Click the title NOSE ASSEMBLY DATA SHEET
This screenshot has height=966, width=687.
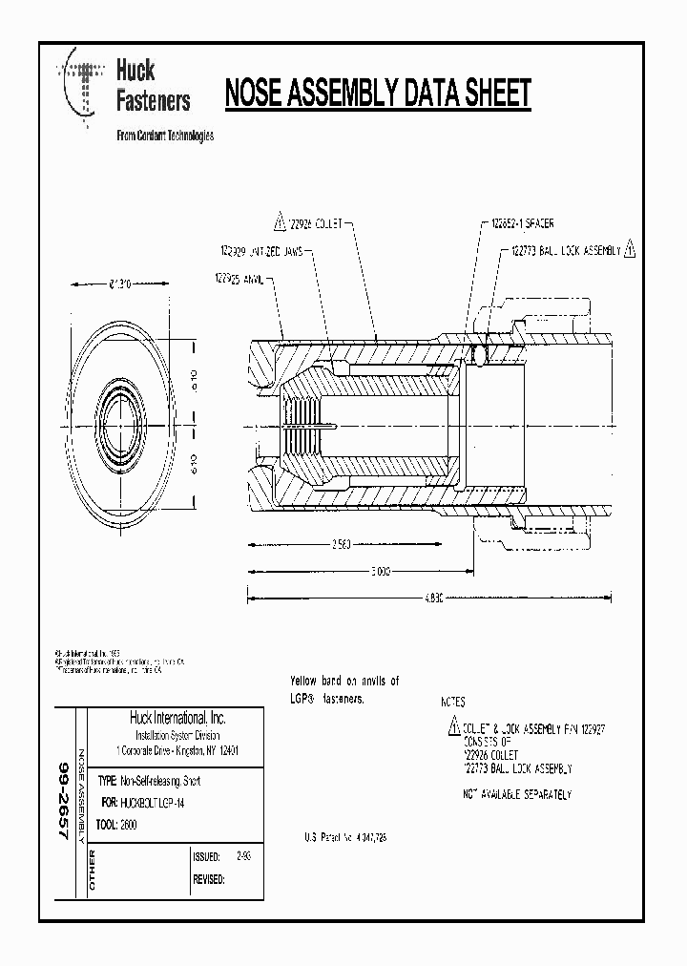point(377,94)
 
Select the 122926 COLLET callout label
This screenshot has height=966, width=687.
point(321,223)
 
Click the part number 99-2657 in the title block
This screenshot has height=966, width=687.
point(65,800)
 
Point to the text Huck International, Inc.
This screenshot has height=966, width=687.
point(177,718)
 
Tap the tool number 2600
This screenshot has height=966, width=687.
point(130,825)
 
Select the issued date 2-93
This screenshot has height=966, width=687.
point(243,856)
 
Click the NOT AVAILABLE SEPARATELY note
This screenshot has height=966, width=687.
point(516,794)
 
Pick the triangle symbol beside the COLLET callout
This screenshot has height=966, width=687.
point(280,223)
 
